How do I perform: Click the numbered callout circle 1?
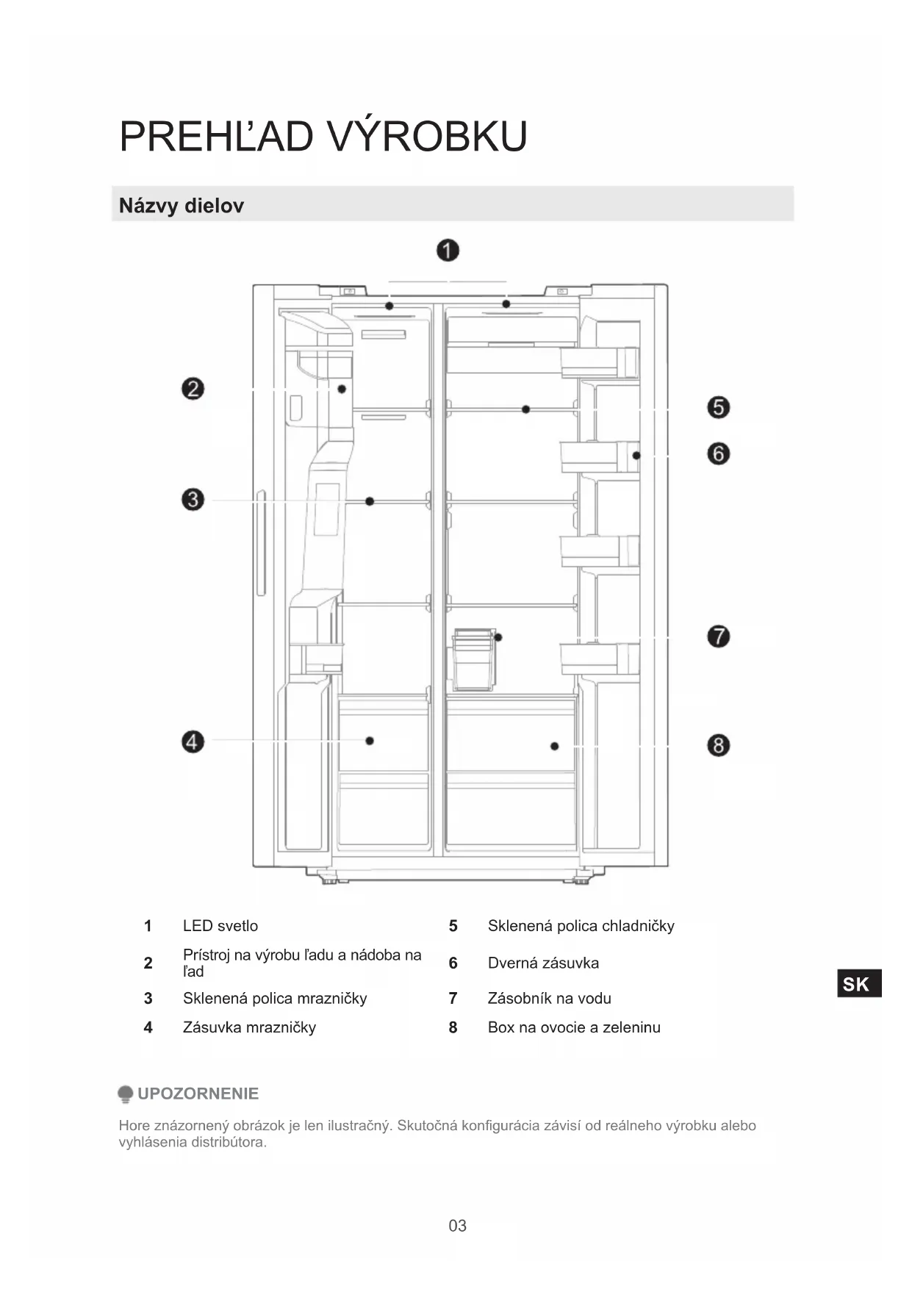[448, 251]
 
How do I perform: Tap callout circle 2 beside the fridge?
[193, 389]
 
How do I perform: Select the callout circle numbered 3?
[193, 500]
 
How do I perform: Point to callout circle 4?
[193, 742]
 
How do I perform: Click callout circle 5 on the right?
[718, 407]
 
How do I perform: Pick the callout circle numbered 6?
[718, 453]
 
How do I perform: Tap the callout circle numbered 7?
[718, 636]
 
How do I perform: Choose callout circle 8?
[718, 745]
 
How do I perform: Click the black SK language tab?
[858, 984]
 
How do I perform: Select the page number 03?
[457, 1225]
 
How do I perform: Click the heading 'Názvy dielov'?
[182, 206]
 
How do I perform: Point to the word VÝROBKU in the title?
[426, 137]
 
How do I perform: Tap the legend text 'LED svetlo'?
[220, 926]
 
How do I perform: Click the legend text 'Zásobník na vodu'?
[549, 998]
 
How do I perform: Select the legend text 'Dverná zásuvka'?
[543, 963]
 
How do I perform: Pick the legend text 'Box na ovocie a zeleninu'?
[574, 1027]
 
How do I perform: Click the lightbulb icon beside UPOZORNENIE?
[126, 1094]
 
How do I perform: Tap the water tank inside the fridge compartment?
[474, 659]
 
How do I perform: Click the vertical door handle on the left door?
[260, 542]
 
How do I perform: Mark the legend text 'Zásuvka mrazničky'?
[249, 1027]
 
